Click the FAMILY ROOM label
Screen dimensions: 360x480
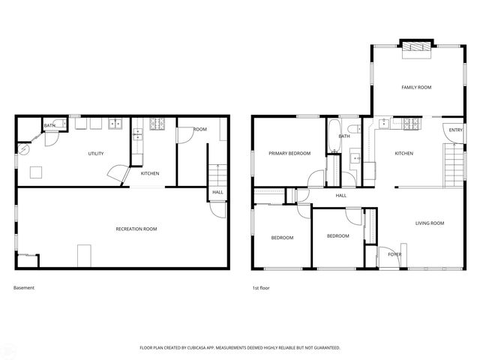coord(416,88)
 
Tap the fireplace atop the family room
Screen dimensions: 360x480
coord(415,48)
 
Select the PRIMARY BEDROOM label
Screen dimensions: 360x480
coord(289,153)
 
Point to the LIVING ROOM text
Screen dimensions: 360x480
coord(430,223)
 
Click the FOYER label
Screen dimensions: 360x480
coord(394,255)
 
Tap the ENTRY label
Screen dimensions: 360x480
coord(456,130)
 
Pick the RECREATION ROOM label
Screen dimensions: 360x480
coord(136,229)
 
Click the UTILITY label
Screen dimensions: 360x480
coord(95,154)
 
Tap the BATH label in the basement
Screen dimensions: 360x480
coord(49,126)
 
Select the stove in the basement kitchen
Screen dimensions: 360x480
coord(158,123)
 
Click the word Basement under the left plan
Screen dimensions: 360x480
coord(24,288)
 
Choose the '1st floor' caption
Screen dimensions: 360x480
coord(261,288)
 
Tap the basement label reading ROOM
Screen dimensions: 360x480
coord(200,130)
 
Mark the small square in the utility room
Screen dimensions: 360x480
coord(36,172)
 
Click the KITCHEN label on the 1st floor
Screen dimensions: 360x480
coord(404,154)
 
